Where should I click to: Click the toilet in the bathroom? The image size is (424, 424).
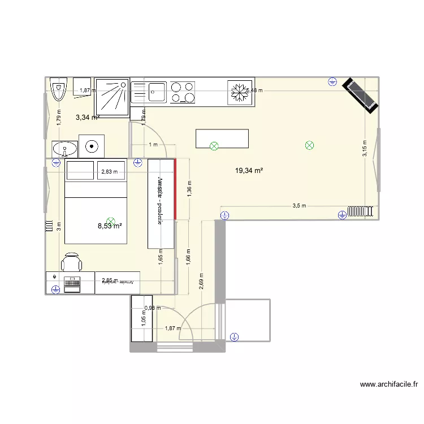[58, 89]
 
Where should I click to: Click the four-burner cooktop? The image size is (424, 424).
[183, 92]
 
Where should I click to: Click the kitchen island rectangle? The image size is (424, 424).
[222, 139]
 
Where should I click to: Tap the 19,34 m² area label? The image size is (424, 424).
[250, 170]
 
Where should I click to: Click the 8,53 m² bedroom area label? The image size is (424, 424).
[110, 226]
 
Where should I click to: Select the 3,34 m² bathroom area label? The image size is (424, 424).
[87, 118]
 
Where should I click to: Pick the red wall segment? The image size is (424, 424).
[176, 189]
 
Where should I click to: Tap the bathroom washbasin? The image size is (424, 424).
[64, 149]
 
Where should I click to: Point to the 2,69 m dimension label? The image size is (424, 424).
[202, 280]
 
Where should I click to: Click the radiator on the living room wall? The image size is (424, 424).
[361, 211]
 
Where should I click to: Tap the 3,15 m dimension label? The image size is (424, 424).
[365, 150]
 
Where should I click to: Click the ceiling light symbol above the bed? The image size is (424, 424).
[111, 222]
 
